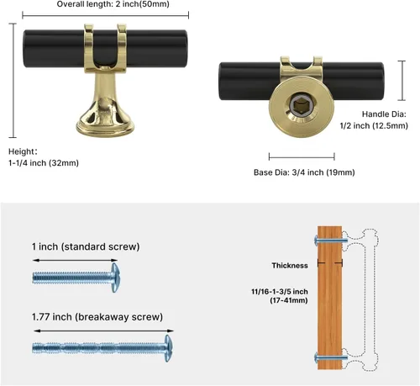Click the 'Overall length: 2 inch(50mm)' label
113,4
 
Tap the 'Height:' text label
23,151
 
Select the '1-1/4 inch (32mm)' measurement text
44,163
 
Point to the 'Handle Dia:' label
384,114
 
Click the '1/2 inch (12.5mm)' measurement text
374,125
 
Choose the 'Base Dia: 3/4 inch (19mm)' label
304,172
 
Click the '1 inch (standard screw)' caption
86,246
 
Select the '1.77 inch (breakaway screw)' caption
97,317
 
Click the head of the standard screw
115,278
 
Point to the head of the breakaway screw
168,348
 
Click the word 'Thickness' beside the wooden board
290,266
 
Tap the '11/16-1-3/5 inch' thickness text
280,292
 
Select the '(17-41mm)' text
289,300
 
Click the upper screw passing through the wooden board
331,241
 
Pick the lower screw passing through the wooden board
331,357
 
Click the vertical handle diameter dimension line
402,81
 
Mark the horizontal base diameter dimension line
302,156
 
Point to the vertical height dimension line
13,81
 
